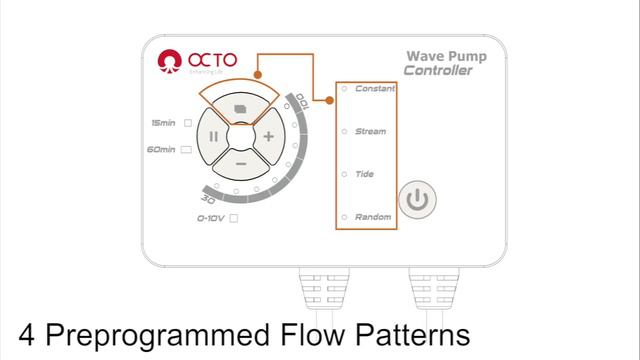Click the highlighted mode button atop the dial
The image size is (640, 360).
tap(241, 104)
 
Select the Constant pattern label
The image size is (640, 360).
tap(375, 89)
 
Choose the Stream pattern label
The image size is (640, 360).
tap(371, 132)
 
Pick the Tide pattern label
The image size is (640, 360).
tap(365, 174)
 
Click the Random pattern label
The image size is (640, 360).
tap(373, 217)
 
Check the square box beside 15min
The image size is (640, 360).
tap(187, 123)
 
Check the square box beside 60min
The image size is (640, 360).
tap(187, 150)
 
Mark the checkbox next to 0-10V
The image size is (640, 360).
tap(233, 217)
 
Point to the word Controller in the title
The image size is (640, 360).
tap(439, 71)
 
